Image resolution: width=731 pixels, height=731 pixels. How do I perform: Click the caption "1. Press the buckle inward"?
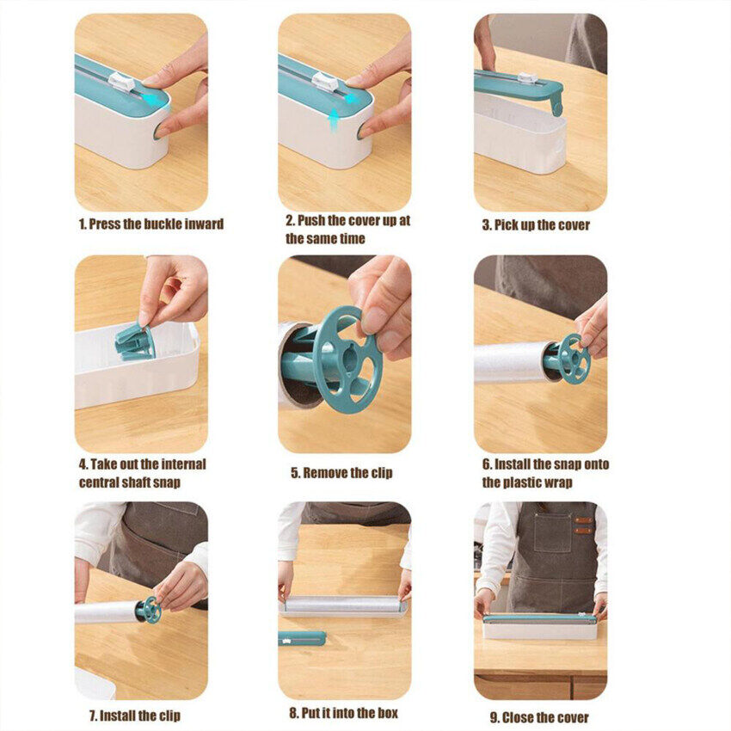tap(151, 224)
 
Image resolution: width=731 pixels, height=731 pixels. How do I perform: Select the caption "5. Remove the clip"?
tap(341, 473)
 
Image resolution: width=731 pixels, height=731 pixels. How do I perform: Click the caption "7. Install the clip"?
tap(135, 716)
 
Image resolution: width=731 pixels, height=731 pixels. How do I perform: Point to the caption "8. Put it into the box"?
tap(344, 713)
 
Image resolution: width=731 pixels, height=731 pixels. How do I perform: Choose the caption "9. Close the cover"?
tap(539, 717)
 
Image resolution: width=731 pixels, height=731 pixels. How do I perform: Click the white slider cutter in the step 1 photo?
tap(121, 82)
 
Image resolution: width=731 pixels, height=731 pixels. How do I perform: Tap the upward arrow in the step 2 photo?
tap(334, 121)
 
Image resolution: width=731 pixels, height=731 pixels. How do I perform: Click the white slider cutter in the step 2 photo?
tap(325, 82)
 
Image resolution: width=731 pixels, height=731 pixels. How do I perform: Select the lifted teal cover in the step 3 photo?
tap(519, 89)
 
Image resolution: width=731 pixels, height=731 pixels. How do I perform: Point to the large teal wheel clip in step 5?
tap(347, 359)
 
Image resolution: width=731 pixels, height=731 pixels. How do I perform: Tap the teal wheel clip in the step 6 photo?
tap(574, 359)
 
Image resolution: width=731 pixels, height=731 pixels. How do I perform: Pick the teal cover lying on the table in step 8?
tap(302, 638)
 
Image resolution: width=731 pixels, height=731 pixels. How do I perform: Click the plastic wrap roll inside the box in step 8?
tap(342, 605)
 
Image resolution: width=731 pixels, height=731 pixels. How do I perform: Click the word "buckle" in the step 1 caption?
tap(163, 224)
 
